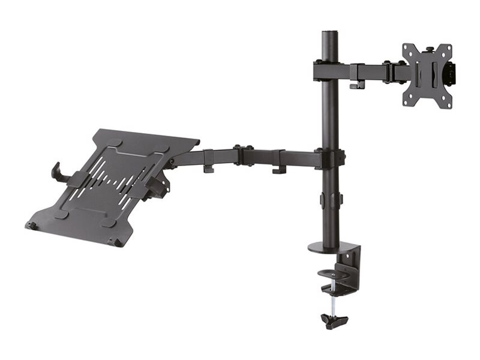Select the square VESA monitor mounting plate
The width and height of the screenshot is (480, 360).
427,76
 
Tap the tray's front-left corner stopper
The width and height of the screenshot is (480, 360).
31,226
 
